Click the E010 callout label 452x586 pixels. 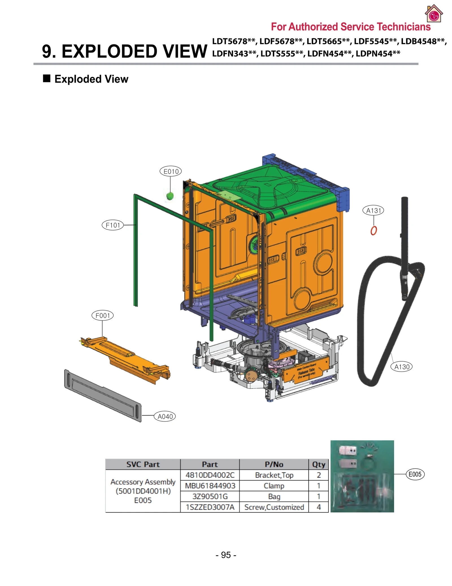point(170,171)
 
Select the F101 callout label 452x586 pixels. point(113,225)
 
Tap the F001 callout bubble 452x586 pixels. point(103,315)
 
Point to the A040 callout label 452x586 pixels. point(165,416)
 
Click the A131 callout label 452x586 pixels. point(373,210)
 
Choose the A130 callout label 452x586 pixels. point(401,367)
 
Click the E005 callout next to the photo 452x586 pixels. point(415,474)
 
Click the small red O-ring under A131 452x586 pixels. point(373,231)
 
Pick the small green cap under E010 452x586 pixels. point(170,196)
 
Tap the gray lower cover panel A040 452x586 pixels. point(103,396)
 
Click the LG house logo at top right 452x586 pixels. point(433,14)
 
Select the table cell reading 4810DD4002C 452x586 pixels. point(210,475)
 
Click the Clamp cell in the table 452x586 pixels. point(274,486)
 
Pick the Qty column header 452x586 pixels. point(318,464)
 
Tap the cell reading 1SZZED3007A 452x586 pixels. point(210,507)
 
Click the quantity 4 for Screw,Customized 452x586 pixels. point(318,507)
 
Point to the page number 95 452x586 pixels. point(226,555)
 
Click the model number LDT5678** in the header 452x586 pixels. point(233,41)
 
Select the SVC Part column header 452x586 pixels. point(143,464)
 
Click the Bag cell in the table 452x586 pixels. point(274,496)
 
